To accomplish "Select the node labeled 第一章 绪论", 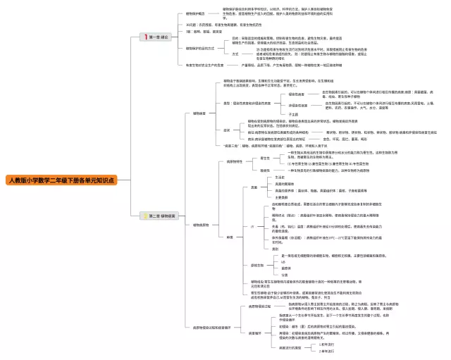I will click(x=159, y=36).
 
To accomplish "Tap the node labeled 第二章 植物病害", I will click(x=161, y=215).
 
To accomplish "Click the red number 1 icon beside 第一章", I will click(x=146, y=36).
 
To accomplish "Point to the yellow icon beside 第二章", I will click(x=146, y=215).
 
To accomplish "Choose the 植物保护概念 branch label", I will click(x=195, y=13).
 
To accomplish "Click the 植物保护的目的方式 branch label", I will click(x=199, y=49).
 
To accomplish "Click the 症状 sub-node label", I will click(x=227, y=130).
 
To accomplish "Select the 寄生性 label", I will click(x=265, y=158).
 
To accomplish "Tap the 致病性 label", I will click(x=265, y=170).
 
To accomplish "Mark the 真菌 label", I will click(x=255, y=187).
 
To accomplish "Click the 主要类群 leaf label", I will click(x=285, y=197).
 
